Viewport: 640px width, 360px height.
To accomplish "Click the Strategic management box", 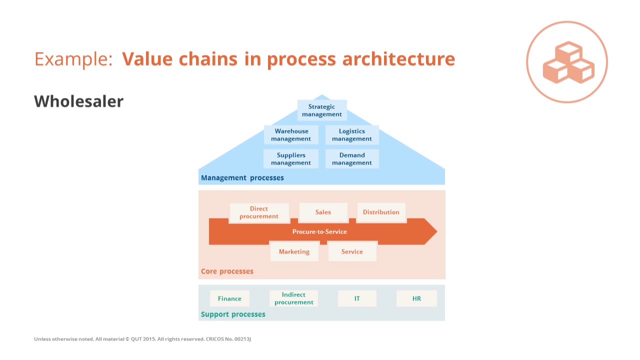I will coord(322,110).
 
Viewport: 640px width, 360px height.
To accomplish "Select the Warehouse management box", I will coord(291,135).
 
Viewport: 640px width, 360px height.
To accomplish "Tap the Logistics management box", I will coord(352,135).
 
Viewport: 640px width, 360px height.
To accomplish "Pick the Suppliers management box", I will coord(291,159).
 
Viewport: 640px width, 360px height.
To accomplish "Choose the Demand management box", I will coord(352,159).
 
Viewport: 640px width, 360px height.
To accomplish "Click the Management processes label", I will coord(242,178).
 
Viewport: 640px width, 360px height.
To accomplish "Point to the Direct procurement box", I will coord(259,212).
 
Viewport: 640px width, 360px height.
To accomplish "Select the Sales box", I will coord(323,212).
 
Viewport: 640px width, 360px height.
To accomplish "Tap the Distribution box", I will coord(381,212).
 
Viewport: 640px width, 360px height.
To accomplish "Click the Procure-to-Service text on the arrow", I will coord(319,231).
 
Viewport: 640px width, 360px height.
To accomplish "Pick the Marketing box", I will coord(294,251).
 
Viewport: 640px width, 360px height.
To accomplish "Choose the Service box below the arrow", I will coord(352,251).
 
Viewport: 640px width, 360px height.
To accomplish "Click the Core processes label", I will coord(227,271).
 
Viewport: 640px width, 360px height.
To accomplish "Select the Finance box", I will coord(229,298).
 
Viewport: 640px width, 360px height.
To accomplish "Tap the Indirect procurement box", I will coord(294,298).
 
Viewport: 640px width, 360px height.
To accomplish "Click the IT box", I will coord(357,298).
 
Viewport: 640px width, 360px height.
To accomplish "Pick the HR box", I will coord(416,298).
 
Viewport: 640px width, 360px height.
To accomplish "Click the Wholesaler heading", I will coord(78,101).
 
